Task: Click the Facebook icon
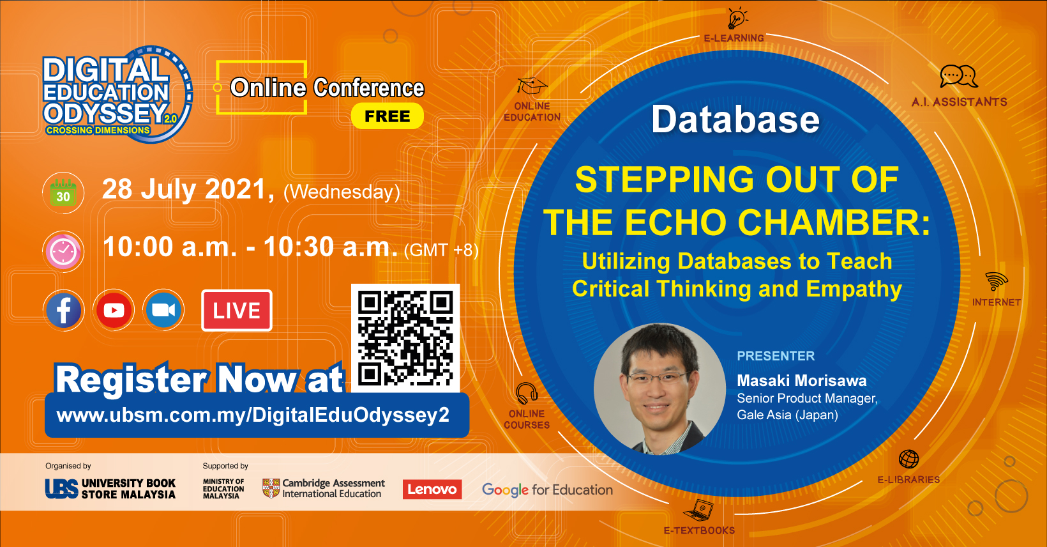64,311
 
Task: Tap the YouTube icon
114,311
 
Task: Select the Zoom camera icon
163,311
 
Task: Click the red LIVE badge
237,311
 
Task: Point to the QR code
405,338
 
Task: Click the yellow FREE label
387,116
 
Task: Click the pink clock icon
63,252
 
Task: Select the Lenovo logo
432,489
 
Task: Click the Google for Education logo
547,490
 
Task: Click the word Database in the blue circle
735,119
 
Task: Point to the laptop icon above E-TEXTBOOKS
699,510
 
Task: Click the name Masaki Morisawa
801,381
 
